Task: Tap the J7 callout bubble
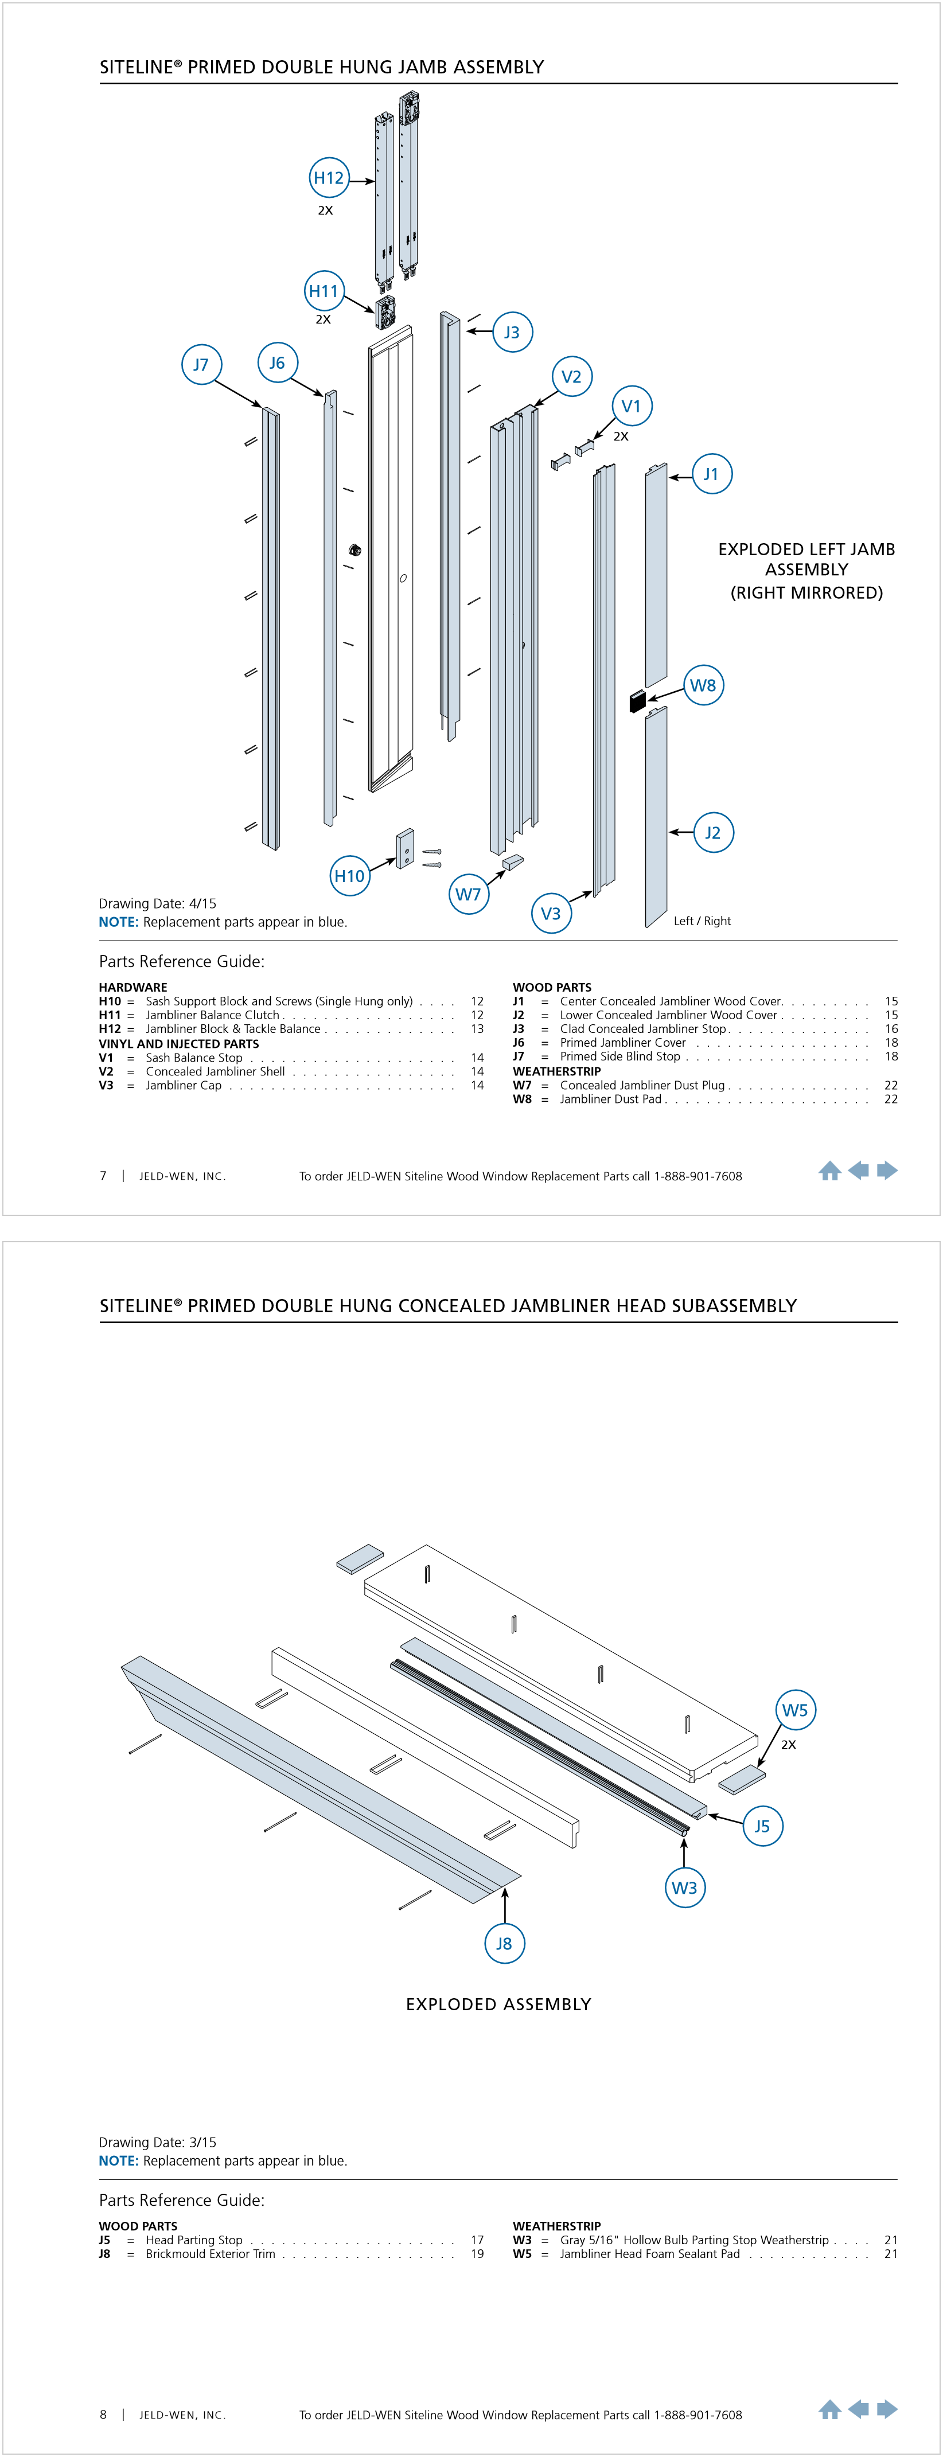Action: pos(201,364)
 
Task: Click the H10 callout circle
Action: pos(349,876)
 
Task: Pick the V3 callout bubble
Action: pos(550,914)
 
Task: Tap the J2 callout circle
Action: pos(712,833)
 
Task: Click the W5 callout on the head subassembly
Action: pos(794,1710)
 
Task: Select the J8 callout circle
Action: pos(504,1943)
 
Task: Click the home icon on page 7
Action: pos(829,1171)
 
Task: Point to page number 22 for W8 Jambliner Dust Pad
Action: pos(891,1099)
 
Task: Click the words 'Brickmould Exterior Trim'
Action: pos(210,2254)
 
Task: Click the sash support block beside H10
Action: pos(405,848)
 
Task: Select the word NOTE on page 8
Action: pos(118,2160)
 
